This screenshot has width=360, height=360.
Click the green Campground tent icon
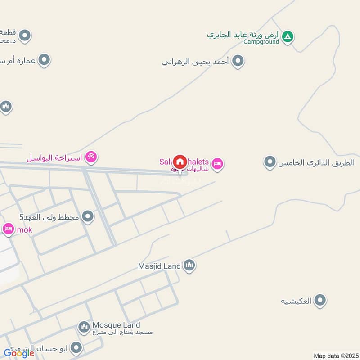288,36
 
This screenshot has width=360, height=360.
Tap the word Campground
261,42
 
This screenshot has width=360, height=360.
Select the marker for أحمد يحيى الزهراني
238,61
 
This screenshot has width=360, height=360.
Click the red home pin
180,162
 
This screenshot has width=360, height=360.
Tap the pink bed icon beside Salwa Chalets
218,164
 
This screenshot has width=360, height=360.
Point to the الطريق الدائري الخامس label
316,162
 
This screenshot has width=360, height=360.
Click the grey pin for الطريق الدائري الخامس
270,162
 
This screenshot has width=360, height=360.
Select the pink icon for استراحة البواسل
92,157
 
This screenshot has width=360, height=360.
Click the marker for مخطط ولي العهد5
88,216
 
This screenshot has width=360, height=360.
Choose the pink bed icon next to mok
8,229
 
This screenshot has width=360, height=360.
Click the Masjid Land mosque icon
189,265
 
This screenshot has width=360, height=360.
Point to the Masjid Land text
159,266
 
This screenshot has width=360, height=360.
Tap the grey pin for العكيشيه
320,300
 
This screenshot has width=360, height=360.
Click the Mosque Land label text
116,325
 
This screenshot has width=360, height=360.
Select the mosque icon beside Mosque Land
84,327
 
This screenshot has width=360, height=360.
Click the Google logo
19,353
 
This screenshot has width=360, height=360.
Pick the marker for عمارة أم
44,59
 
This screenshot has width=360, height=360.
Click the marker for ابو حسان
76,347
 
